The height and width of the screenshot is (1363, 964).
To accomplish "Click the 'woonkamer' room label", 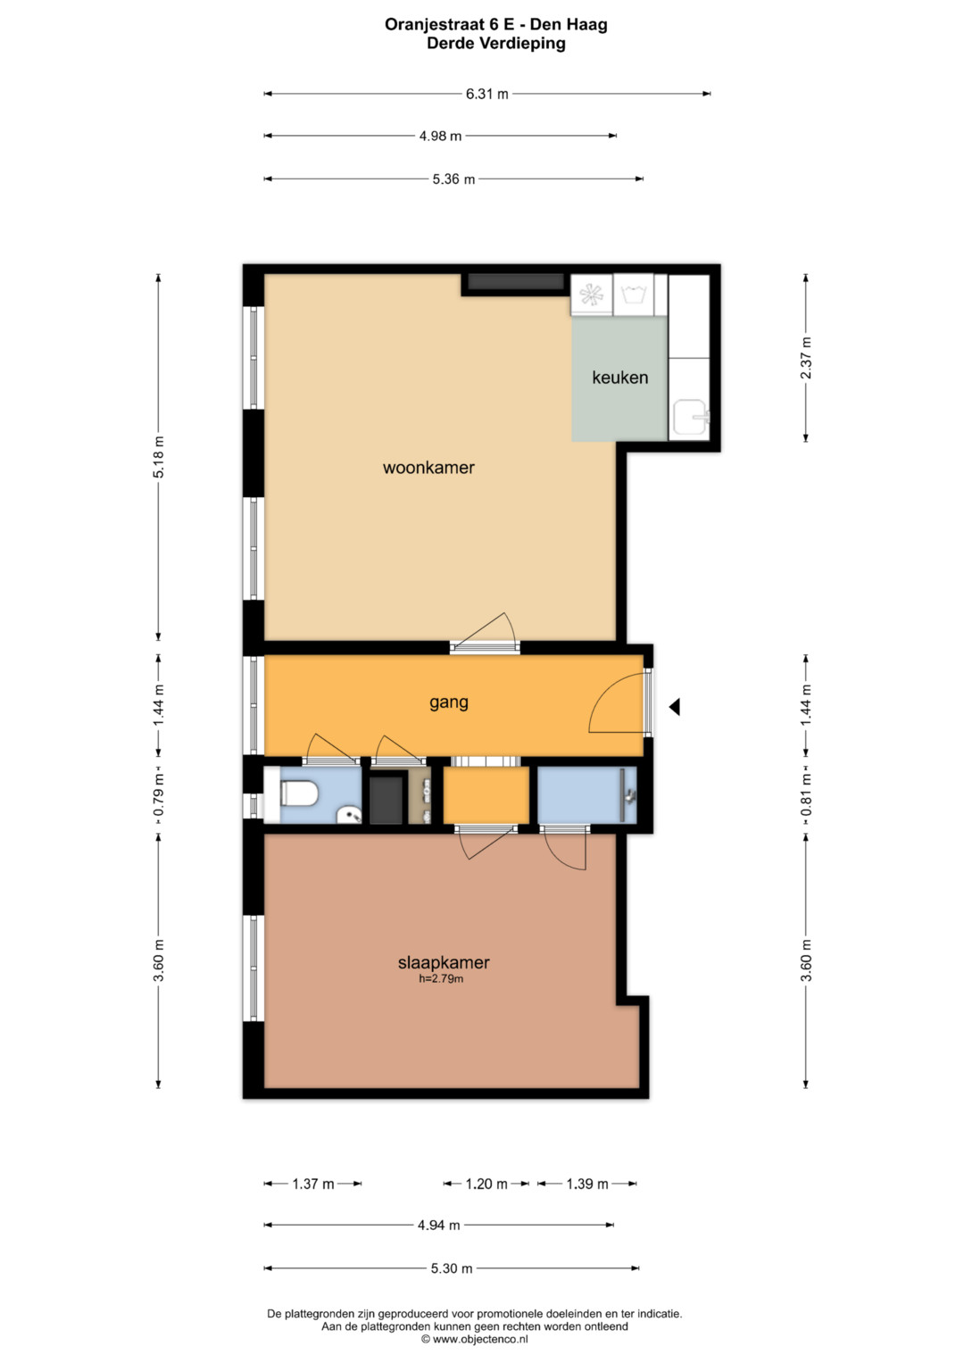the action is tap(428, 468).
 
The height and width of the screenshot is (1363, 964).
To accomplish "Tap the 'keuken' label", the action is tap(619, 378).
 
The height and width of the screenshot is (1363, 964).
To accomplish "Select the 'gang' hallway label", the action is tap(448, 702).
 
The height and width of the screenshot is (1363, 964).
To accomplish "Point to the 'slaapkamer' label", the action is tap(444, 962).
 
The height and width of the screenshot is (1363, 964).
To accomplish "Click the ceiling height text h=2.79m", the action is tap(441, 979).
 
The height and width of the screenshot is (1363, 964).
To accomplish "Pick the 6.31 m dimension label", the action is tap(486, 95).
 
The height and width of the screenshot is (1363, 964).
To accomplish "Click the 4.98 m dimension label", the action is tap(440, 137).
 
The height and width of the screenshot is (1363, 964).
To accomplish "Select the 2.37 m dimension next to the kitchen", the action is tap(806, 358).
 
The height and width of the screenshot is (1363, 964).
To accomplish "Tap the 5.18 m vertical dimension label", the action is tap(158, 456).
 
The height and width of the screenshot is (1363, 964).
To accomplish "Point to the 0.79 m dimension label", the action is tap(158, 795).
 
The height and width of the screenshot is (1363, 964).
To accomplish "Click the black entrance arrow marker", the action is tap(674, 707).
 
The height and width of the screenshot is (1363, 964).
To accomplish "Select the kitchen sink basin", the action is tap(692, 418).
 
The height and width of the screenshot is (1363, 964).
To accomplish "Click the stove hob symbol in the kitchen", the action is tap(592, 295).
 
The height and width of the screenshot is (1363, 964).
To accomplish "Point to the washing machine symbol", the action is tap(633, 295).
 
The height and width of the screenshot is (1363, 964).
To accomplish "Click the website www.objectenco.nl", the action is tap(480, 1339).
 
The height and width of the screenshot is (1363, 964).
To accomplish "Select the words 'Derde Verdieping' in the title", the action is tap(496, 44).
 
